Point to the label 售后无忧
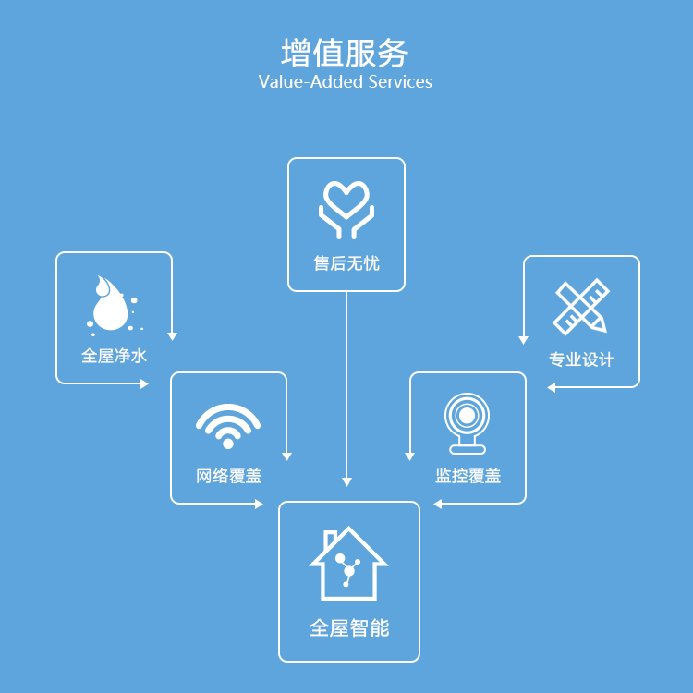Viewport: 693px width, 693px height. click(346, 264)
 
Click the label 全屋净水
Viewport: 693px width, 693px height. click(114, 356)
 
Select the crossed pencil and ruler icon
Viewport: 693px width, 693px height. click(581, 306)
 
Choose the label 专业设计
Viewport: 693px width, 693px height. click(581, 359)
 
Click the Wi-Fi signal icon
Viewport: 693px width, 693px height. click(228, 425)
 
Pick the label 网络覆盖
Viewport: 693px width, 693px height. click(228, 477)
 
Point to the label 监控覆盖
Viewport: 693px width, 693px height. click(468, 477)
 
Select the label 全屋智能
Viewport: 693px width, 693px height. click(348, 628)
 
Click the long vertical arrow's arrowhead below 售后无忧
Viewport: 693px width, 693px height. click(346, 481)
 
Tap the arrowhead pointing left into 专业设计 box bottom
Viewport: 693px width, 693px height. click(552, 387)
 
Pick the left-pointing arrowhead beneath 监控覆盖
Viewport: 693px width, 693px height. click(438, 504)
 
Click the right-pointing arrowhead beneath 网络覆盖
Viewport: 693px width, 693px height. click(259, 504)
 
